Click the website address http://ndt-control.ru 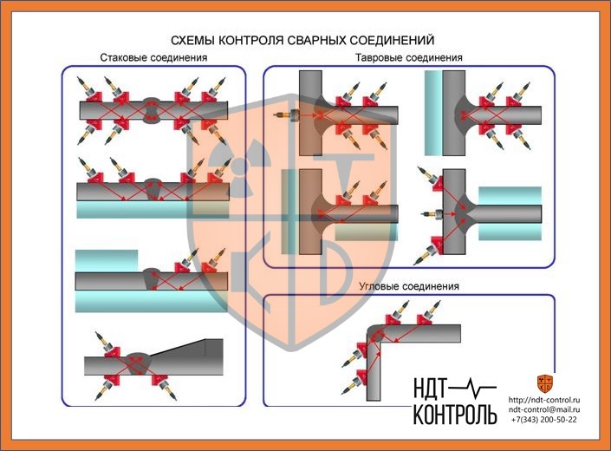coord(544,399)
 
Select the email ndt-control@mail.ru coord(543,409)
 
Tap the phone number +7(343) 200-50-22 coord(543,419)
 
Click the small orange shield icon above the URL coord(544,382)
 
